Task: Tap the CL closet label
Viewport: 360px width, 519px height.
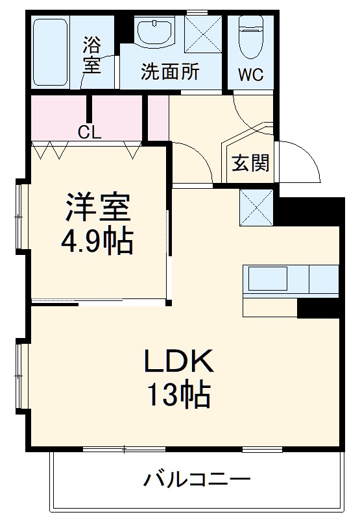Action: (90, 132)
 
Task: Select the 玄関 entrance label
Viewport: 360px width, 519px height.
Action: (250, 163)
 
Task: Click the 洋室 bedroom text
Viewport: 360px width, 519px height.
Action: (97, 208)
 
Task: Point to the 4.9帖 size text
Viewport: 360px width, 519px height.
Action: (97, 243)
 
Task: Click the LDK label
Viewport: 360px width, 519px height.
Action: (178, 360)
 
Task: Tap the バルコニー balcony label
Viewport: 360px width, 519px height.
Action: (197, 481)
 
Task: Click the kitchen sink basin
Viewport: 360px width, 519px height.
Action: (268, 279)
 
